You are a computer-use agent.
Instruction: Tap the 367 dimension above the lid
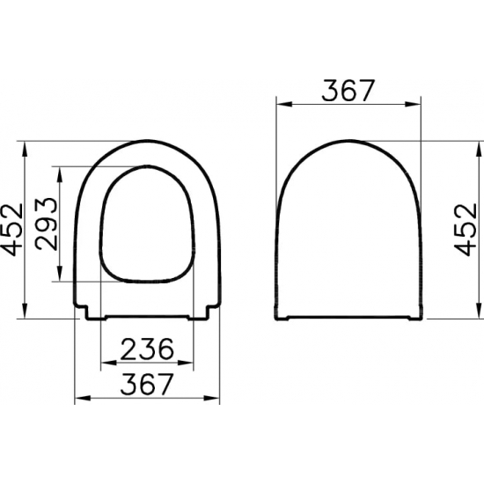pyautogui.click(x=349, y=90)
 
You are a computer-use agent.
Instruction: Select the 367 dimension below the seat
pyautogui.click(x=146, y=385)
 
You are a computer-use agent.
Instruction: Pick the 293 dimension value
pyautogui.click(x=48, y=224)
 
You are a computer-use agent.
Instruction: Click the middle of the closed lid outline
pyautogui.click(x=349, y=233)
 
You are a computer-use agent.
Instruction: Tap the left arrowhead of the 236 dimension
pyautogui.click(x=108, y=361)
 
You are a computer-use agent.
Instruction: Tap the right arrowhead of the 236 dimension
pyautogui.click(x=187, y=361)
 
